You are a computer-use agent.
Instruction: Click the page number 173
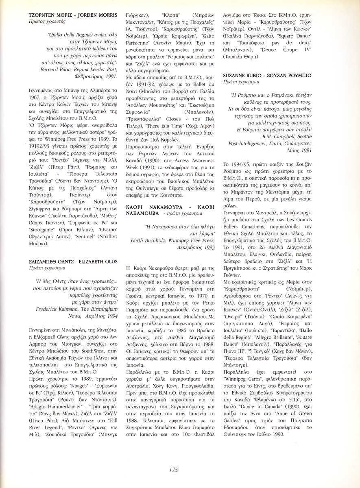(173, 470)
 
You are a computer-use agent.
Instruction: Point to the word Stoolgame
(41, 229)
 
